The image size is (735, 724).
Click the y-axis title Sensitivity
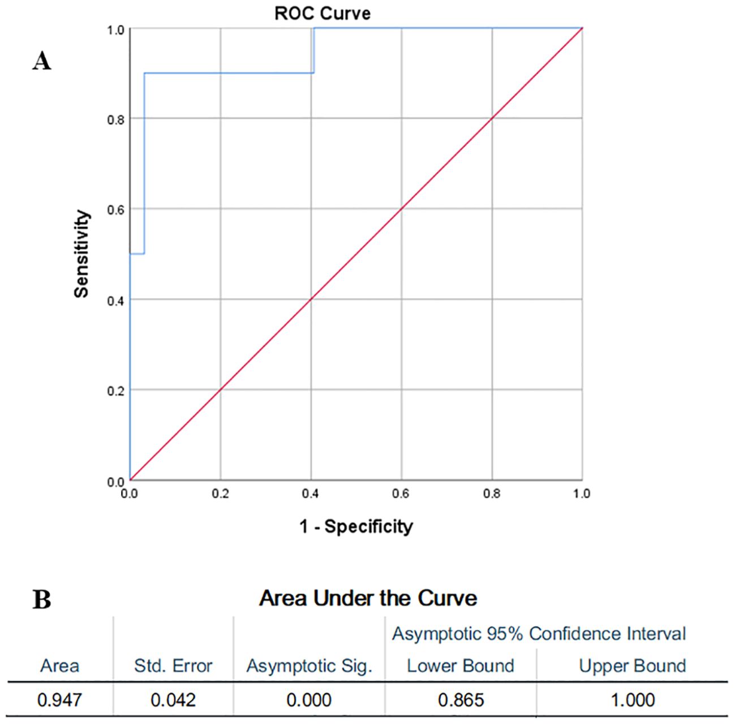82,254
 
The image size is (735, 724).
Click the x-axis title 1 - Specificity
356,526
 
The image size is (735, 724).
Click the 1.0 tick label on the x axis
582,494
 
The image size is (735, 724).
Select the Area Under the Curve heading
368,598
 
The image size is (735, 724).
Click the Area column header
59,666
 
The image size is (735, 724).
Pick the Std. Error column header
173,666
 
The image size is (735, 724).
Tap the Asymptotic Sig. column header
309,666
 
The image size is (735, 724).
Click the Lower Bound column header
461,666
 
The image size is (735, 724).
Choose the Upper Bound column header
632,666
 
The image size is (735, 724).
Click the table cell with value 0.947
59,700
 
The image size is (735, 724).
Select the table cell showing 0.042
173,700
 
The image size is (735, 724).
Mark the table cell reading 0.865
461,700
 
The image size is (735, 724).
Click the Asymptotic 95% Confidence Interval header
539,633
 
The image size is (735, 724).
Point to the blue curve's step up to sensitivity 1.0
313,50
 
